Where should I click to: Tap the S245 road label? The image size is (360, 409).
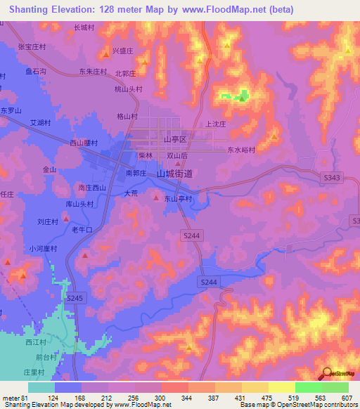coord(75,299)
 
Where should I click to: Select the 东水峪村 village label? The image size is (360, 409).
coord(240,150)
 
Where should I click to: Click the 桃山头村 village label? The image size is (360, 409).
coord(129,89)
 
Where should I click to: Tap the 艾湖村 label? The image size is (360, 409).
coord(39,122)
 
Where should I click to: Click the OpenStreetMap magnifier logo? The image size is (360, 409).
coord(328,372)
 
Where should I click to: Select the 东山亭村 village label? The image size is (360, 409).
coord(179,199)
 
